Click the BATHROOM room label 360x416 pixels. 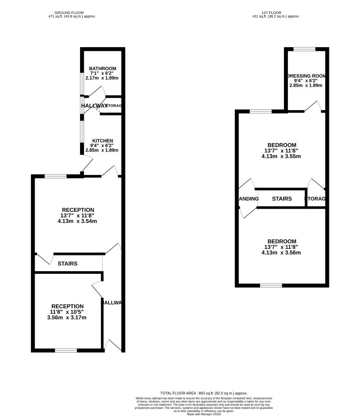[102, 68]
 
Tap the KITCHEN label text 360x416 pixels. [103, 141]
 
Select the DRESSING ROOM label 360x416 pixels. [307, 76]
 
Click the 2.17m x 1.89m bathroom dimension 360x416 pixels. [102, 78]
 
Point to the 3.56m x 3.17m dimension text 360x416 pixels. [67, 318]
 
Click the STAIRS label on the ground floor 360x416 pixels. [67, 264]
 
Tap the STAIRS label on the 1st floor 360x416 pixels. [282, 199]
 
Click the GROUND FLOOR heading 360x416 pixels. [72, 13]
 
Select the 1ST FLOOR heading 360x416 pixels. [276, 13]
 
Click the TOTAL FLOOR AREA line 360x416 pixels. [204, 393]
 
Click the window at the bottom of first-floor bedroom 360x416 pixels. [271, 285]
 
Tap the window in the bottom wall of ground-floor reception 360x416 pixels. [66, 350]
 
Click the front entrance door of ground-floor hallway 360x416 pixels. [113, 345]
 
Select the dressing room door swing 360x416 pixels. [314, 106]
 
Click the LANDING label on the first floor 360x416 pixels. [247, 199]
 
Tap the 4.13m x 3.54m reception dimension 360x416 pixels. [77, 221]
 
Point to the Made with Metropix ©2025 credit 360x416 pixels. [204, 414]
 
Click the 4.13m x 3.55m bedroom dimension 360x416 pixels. [281, 156]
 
